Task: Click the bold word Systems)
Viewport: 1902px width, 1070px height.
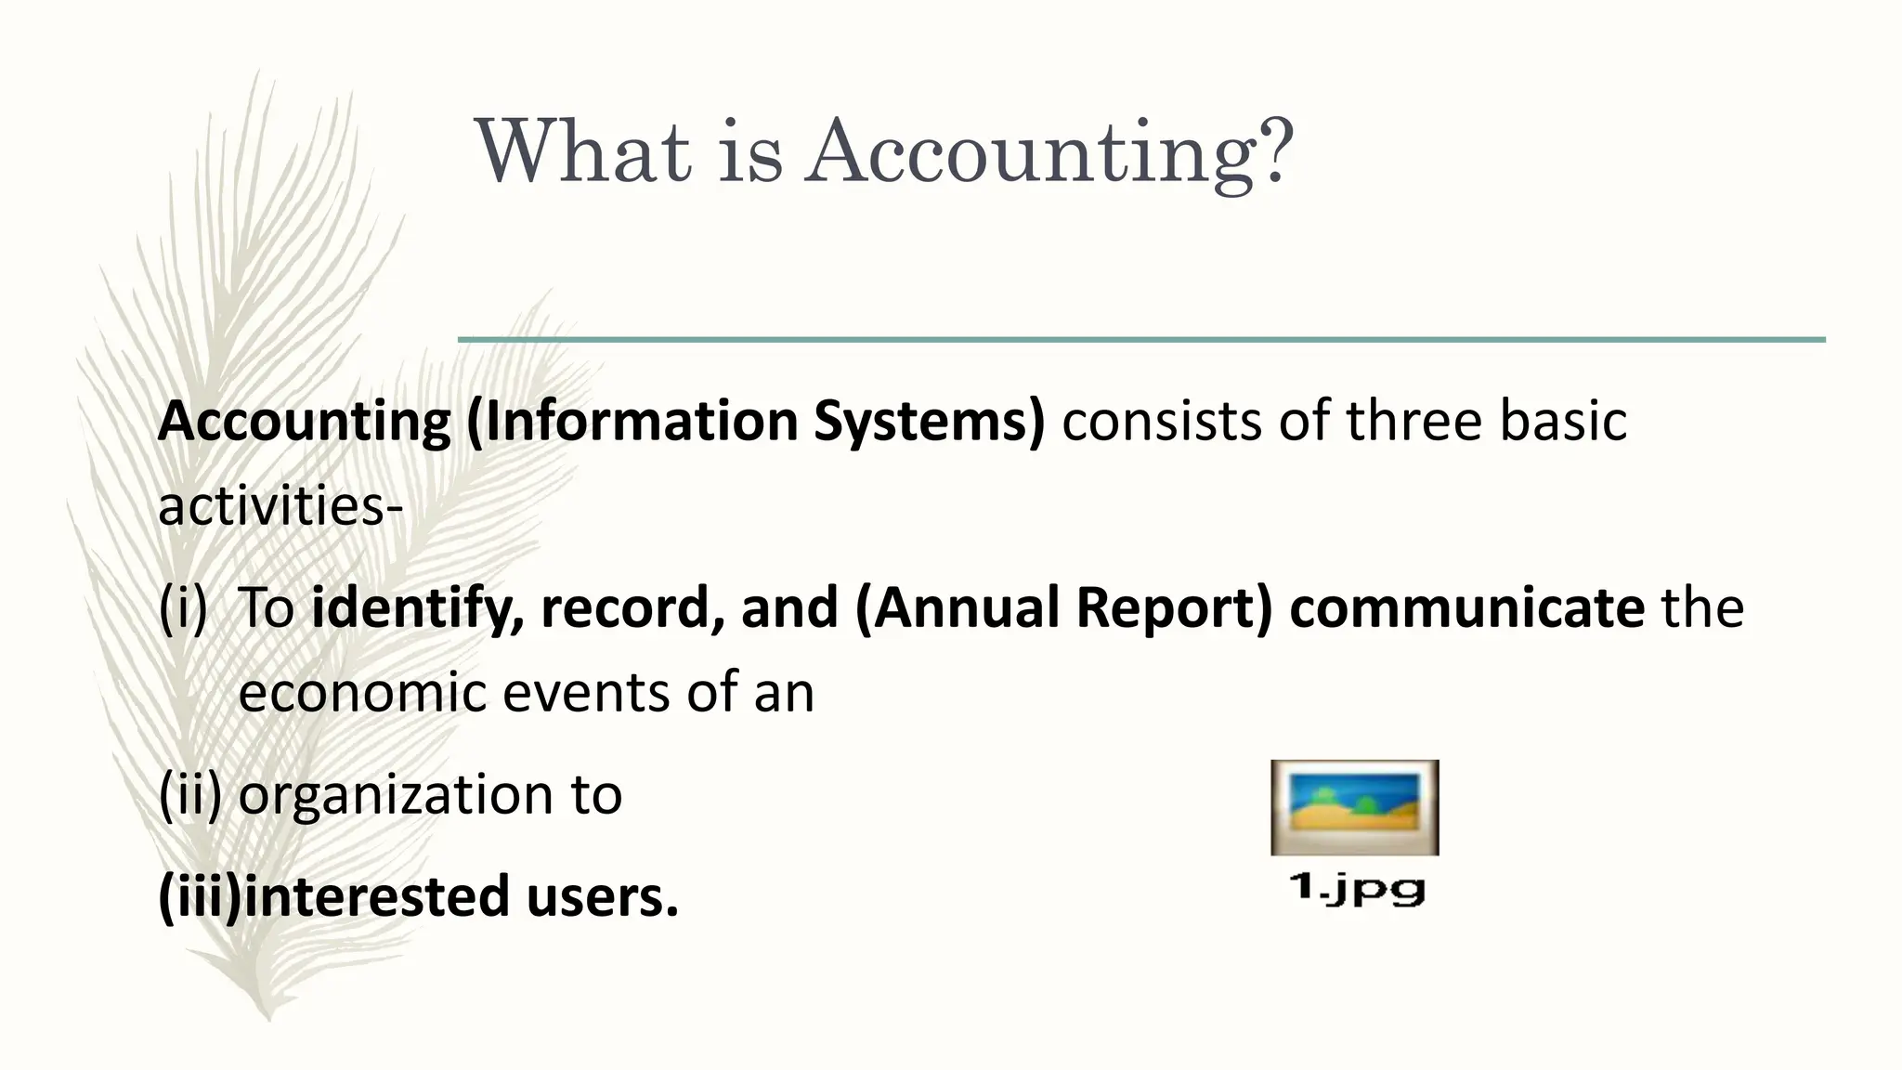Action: [x=929, y=422]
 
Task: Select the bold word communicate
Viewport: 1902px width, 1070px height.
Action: [x=1466, y=607]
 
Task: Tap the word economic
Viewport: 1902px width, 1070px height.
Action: [x=362, y=693]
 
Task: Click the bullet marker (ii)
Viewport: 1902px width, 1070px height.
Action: [x=190, y=795]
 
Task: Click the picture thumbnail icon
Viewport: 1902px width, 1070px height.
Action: [x=1354, y=807]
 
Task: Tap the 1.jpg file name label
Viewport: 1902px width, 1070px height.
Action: [x=1356, y=889]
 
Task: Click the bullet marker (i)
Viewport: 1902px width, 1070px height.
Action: [x=183, y=608]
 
